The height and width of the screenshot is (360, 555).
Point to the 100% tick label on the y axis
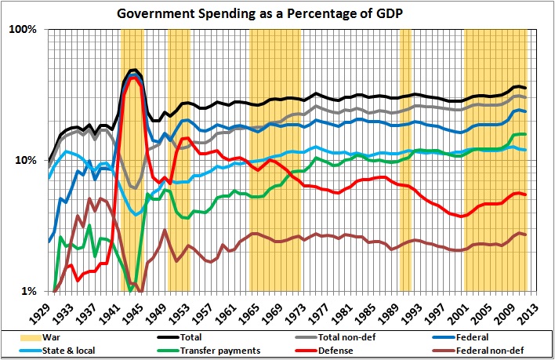24,30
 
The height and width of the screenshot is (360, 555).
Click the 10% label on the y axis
27,161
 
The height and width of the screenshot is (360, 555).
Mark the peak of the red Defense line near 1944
134,77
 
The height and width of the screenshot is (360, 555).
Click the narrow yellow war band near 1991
405,157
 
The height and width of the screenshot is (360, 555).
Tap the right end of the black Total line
525,88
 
